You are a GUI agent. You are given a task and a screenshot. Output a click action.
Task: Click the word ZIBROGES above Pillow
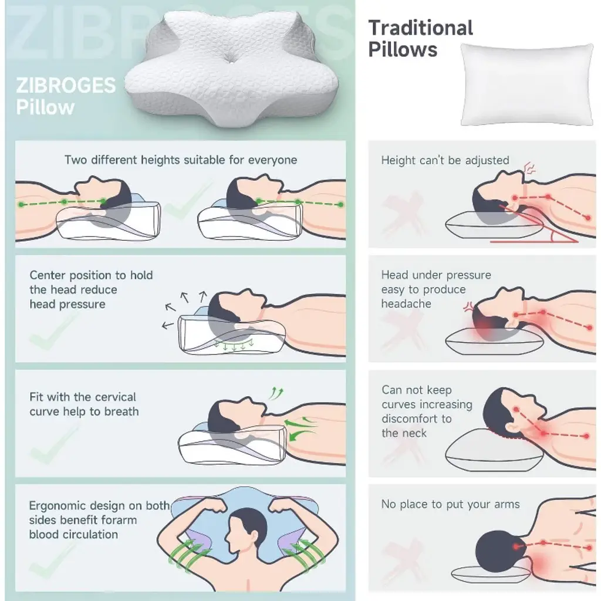click(66, 86)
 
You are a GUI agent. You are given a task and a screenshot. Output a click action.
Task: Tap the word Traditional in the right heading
click(420, 28)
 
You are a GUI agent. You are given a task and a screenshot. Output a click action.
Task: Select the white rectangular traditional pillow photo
click(527, 85)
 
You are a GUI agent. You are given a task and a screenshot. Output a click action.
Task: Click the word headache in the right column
click(406, 304)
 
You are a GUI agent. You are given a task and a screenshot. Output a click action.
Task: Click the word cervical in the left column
click(114, 397)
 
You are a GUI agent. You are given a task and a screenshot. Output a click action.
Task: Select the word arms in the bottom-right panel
click(507, 504)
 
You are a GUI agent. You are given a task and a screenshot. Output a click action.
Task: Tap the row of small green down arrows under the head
click(234, 345)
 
